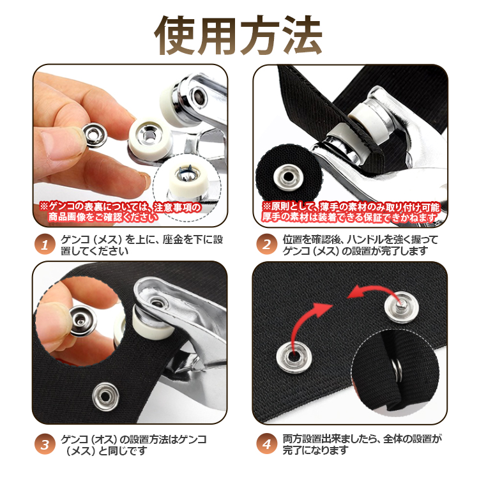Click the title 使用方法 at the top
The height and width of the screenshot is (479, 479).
[239, 35]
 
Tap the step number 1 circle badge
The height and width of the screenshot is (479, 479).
[45, 245]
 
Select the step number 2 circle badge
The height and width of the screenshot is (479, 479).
[267, 245]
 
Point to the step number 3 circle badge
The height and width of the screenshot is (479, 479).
[45, 444]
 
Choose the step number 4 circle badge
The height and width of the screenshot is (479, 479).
[267, 444]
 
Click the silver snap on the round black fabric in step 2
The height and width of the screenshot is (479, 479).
[288, 177]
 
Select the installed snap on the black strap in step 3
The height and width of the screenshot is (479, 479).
[105, 397]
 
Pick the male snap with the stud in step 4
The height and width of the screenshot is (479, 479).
[402, 307]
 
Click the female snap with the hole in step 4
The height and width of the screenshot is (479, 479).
[294, 356]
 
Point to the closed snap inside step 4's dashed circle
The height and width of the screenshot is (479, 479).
[397, 370]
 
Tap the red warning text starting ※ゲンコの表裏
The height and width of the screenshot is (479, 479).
[120, 211]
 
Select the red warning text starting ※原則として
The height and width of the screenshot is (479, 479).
[350, 212]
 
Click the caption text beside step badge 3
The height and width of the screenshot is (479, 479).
[133, 445]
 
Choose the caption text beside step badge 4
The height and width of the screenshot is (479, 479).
[362, 445]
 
